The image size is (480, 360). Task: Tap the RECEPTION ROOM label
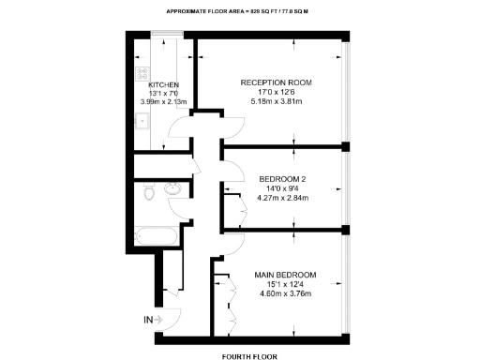point(277,82)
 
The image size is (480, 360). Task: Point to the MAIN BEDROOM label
point(285,275)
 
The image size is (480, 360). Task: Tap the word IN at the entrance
point(148,320)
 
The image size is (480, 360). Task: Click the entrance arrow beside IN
point(161,320)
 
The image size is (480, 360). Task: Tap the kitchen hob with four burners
point(142,71)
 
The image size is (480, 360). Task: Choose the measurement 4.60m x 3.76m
point(285,294)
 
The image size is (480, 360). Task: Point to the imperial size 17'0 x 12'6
point(277,92)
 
